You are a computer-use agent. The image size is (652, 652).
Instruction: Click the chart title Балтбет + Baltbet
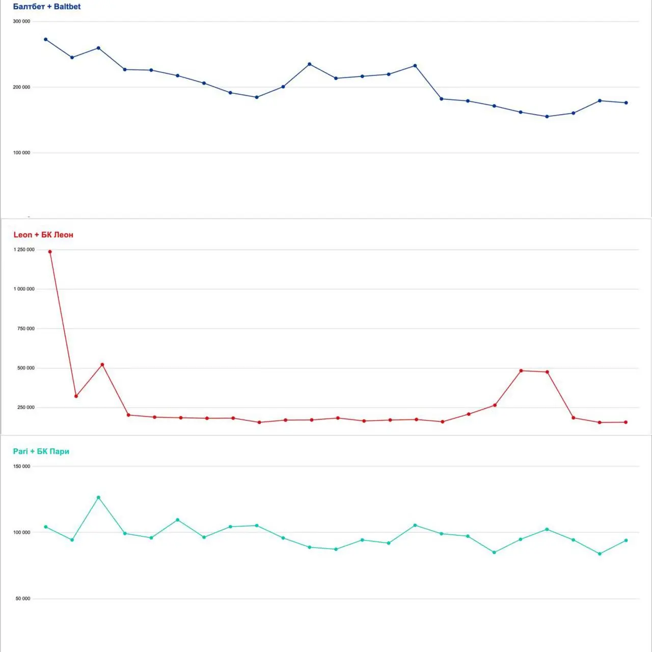click(47, 7)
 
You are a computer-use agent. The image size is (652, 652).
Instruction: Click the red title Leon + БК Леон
click(43, 235)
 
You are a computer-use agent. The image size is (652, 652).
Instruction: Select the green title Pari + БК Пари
click(41, 451)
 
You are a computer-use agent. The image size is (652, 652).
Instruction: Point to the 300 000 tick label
click(21, 21)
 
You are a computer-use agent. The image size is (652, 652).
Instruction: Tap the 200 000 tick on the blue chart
click(21, 87)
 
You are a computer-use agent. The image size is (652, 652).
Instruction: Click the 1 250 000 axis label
click(24, 250)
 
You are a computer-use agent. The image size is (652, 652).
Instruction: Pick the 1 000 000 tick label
click(24, 289)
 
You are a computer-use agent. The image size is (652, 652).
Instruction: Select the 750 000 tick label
click(26, 329)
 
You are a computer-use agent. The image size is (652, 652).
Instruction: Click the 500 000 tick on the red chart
click(26, 368)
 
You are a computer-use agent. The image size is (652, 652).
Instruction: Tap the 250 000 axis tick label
click(26, 407)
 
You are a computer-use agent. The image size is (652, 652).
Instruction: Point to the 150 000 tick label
click(21, 466)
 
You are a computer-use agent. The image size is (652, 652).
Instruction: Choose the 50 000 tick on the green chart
click(23, 599)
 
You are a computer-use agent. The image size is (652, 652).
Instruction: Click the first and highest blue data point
click(46, 39)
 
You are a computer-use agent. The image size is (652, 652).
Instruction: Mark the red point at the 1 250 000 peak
click(50, 252)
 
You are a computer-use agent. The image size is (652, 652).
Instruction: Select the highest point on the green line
click(98, 497)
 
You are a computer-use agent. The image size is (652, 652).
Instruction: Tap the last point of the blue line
click(626, 103)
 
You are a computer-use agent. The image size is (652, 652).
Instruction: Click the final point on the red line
click(626, 422)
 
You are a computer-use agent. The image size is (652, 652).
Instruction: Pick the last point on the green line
click(626, 540)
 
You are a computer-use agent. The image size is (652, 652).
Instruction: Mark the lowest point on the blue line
click(547, 117)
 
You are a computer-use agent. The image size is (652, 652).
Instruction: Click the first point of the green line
click(46, 527)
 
